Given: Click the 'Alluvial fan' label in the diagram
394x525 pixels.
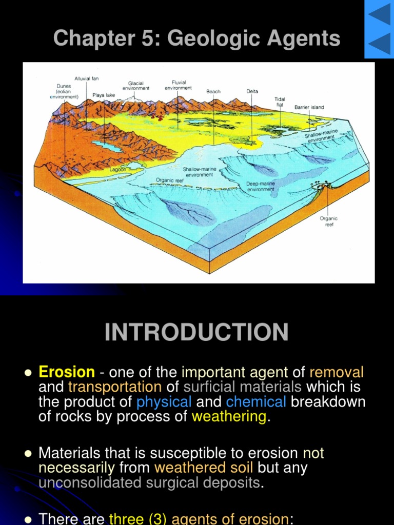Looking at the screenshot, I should (86, 78).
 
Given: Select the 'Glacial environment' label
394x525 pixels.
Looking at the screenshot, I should (136, 86).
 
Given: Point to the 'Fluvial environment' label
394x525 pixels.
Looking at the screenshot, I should (178, 85).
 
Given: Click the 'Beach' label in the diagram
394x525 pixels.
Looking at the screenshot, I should (213, 92).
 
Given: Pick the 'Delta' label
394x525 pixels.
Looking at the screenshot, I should (252, 92).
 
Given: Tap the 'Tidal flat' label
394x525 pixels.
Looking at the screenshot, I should (280, 102).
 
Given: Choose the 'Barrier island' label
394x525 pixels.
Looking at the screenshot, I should (309, 108).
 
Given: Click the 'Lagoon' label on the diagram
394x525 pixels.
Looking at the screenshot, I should (117, 169).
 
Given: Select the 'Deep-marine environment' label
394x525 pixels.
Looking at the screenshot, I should (261, 187).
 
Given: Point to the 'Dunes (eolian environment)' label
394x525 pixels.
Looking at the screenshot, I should (64, 91).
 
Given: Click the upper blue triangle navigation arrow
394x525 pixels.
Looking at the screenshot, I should (380, 14).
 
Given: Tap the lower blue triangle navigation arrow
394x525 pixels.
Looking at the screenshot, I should (380, 44).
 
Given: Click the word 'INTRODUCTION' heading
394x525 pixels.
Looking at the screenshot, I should (196, 332).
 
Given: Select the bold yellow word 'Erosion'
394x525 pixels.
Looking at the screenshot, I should (67, 372).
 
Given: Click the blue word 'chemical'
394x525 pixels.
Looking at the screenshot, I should (256, 401).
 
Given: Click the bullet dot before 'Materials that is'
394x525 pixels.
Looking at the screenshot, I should (28, 454).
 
